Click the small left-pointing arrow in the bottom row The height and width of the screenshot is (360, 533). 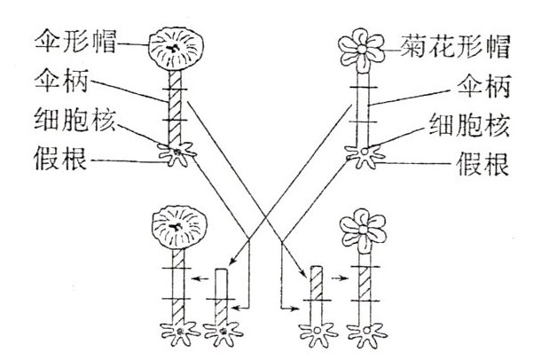(x=202, y=278)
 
